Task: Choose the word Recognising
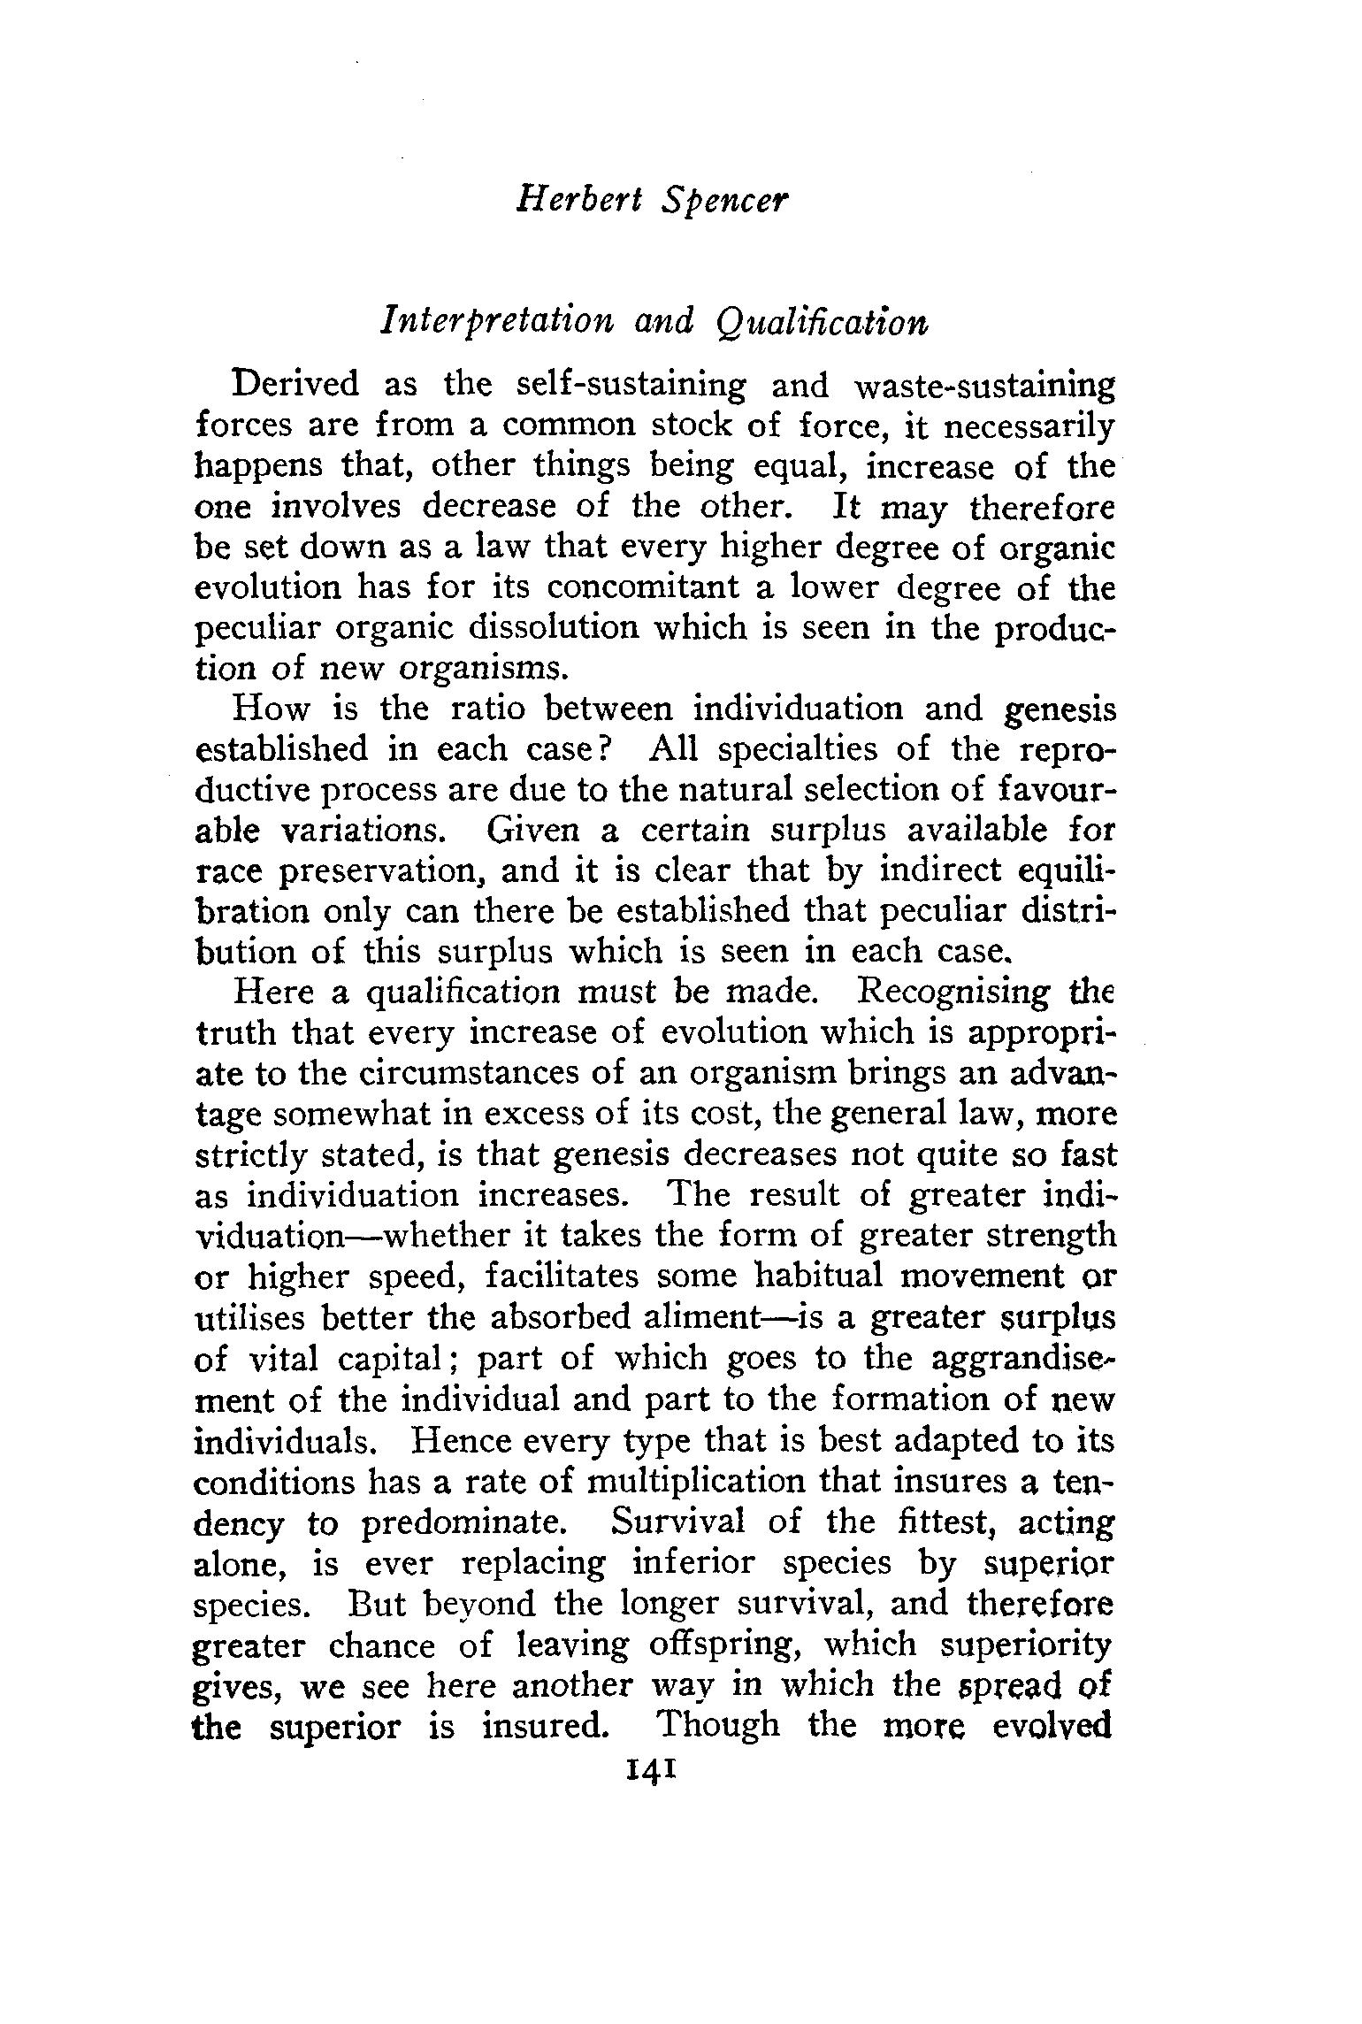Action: tap(955, 993)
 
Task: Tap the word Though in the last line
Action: tap(720, 1725)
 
